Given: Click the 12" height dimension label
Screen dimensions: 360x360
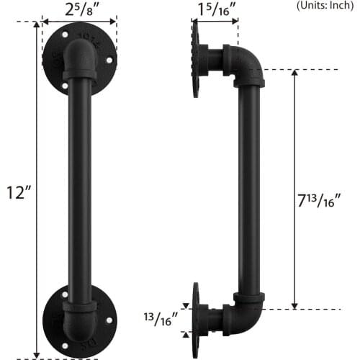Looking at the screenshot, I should coord(17,194).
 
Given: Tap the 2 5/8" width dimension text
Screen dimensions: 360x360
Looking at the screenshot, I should coord(80,10).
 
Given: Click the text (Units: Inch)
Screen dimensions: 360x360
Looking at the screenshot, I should coord(325,5).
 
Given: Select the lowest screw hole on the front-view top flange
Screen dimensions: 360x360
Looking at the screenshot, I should coord(66,86).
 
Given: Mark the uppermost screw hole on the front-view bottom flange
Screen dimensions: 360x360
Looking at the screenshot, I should coord(66,294).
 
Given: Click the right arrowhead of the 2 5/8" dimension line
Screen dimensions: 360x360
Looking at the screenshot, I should coord(114,22).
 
